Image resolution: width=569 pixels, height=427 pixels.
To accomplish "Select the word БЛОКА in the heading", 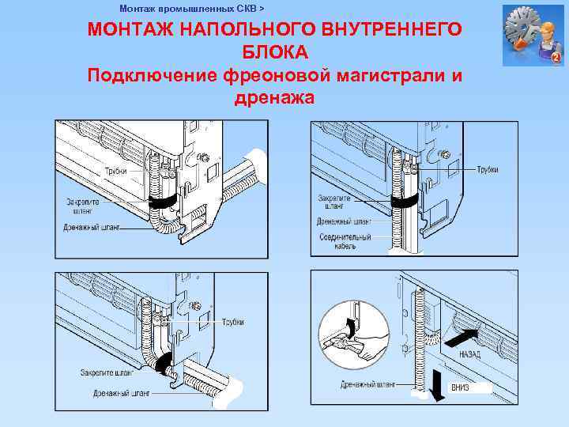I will click(x=274, y=52).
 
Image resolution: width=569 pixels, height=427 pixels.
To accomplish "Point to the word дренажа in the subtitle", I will click(x=274, y=98).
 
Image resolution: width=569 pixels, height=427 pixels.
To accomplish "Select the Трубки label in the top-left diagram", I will click(x=116, y=171).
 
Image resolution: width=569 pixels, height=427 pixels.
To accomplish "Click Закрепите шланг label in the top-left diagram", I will click(x=81, y=206).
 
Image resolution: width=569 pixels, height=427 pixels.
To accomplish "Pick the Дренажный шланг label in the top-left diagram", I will click(x=92, y=228).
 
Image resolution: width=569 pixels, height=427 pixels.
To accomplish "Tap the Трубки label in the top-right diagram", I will click(x=488, y=170).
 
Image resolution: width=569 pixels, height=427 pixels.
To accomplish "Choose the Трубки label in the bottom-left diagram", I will click(x=232, y=322).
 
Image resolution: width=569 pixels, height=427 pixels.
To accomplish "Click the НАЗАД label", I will click(x=469, y=355).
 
